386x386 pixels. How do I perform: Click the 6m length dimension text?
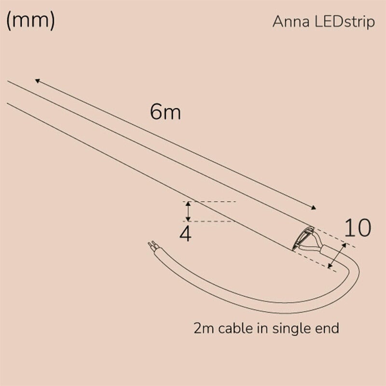165,112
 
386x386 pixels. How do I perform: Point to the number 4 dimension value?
185,234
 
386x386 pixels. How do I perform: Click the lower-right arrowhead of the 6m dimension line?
314,207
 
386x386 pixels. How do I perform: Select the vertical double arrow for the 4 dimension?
189,211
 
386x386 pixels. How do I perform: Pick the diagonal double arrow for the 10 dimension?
337,256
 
